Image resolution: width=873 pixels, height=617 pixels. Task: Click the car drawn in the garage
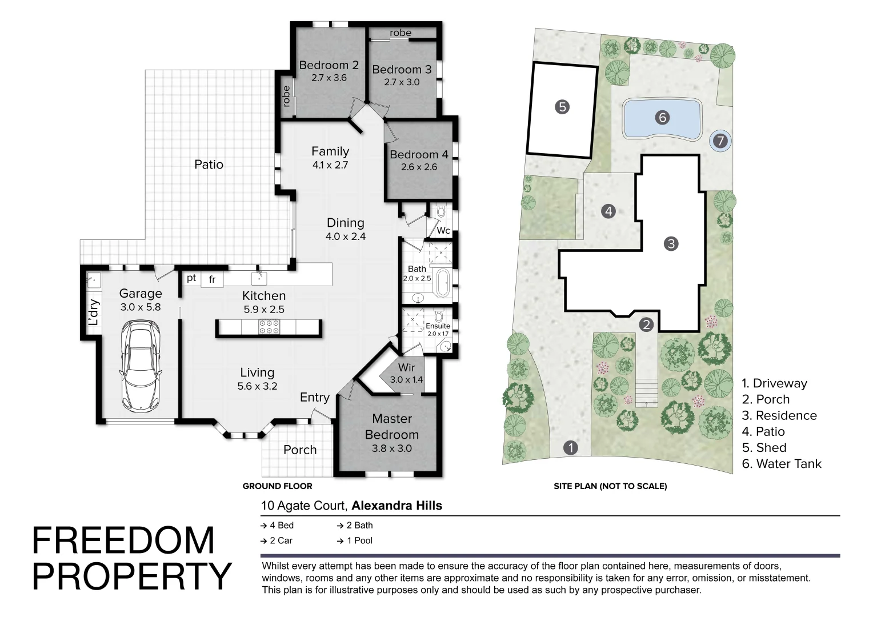click(x=140, y=366)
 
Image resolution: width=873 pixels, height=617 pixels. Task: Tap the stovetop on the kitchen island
click(x=269, y=327)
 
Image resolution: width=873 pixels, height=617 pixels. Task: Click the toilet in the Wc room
click(x=441, y=211)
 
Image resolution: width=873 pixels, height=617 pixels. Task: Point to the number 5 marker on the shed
click(x=562, y=107)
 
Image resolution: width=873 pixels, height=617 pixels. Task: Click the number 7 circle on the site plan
click(x=720, y=141)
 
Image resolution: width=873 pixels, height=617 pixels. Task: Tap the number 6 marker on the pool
click(x=662, y=117)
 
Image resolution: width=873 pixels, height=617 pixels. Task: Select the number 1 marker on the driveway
click(x=571, y=447)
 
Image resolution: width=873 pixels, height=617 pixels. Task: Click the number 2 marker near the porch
click(x=646, y=324)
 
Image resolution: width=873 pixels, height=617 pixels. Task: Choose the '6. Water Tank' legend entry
click(x=782, y=463)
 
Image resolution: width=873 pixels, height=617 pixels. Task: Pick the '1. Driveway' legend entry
click(x=774, y=383)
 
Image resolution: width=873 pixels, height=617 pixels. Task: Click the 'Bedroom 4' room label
click(x=419, y=154)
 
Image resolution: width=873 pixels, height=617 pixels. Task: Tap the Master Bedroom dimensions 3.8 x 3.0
click(x=392, y=448)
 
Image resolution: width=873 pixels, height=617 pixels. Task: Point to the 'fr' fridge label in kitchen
click(x=212, y=279)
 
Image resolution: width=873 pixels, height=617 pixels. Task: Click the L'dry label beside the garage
click(x=94, y=312)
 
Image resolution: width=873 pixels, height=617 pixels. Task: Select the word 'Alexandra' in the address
click(x=378, y=506)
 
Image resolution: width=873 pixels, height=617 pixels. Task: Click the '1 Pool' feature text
click(x=360, y=540)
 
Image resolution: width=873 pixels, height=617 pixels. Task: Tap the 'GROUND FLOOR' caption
click(x=278, y=486)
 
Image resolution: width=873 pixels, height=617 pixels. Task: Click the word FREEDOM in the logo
click(x=123, y=540)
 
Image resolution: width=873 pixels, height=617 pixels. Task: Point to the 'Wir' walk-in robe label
click(x=406, y=367)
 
